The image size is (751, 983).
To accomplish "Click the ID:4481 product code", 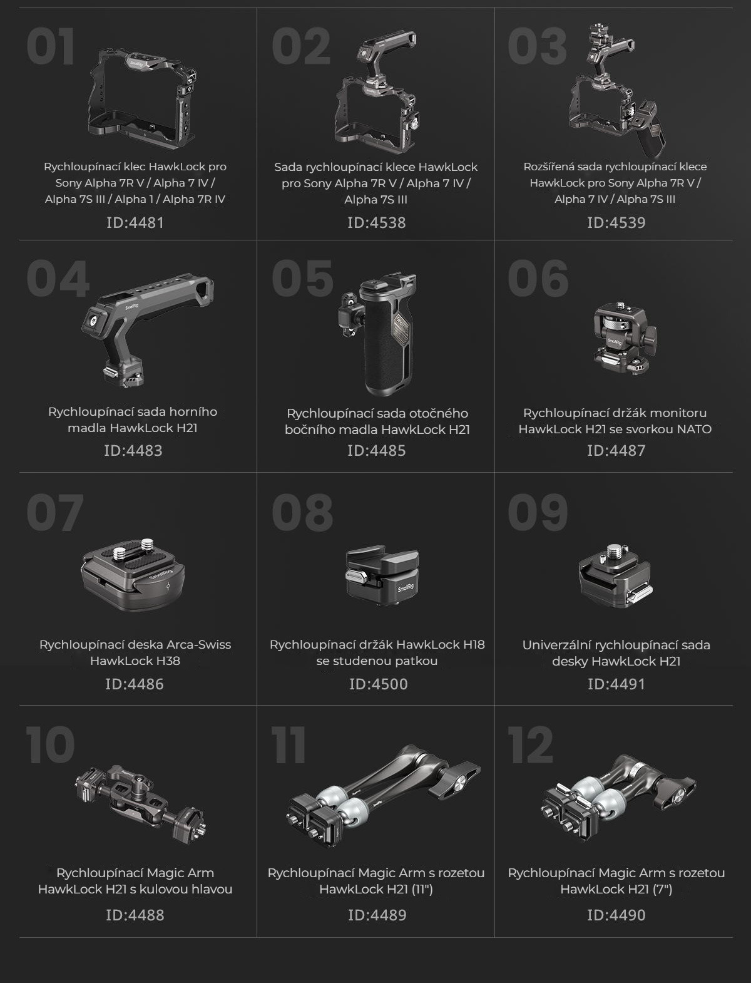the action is point(135,222).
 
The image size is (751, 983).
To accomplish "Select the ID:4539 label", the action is point(616,222).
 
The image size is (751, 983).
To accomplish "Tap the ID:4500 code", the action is point(378,684).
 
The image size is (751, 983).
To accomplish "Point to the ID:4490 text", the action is point(616,915).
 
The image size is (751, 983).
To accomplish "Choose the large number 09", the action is point(538,512).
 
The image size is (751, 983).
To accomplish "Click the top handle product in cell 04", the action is point(147,329).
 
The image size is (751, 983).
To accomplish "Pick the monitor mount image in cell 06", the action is point(625,339).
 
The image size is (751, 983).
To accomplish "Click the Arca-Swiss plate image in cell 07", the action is point(133,574).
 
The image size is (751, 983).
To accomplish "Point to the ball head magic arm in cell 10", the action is point(141,802).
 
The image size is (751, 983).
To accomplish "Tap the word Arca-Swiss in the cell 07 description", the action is point(199,644).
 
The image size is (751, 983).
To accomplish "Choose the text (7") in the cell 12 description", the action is point(660,889).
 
